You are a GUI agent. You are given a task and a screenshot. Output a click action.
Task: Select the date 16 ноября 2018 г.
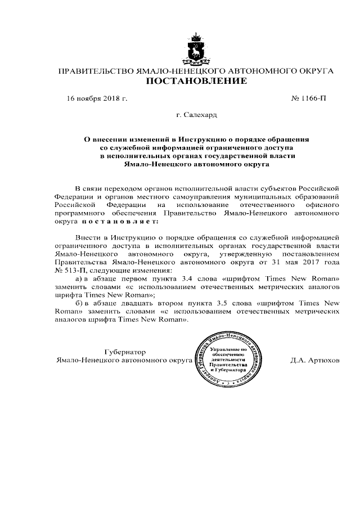[x=97, y=98]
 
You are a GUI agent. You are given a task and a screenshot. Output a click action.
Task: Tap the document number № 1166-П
[x=308, y=98]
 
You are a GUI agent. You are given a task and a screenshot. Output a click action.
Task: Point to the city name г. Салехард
[x=196, y=116]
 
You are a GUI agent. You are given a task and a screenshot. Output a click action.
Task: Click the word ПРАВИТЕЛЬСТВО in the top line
[x=96, y=71]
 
